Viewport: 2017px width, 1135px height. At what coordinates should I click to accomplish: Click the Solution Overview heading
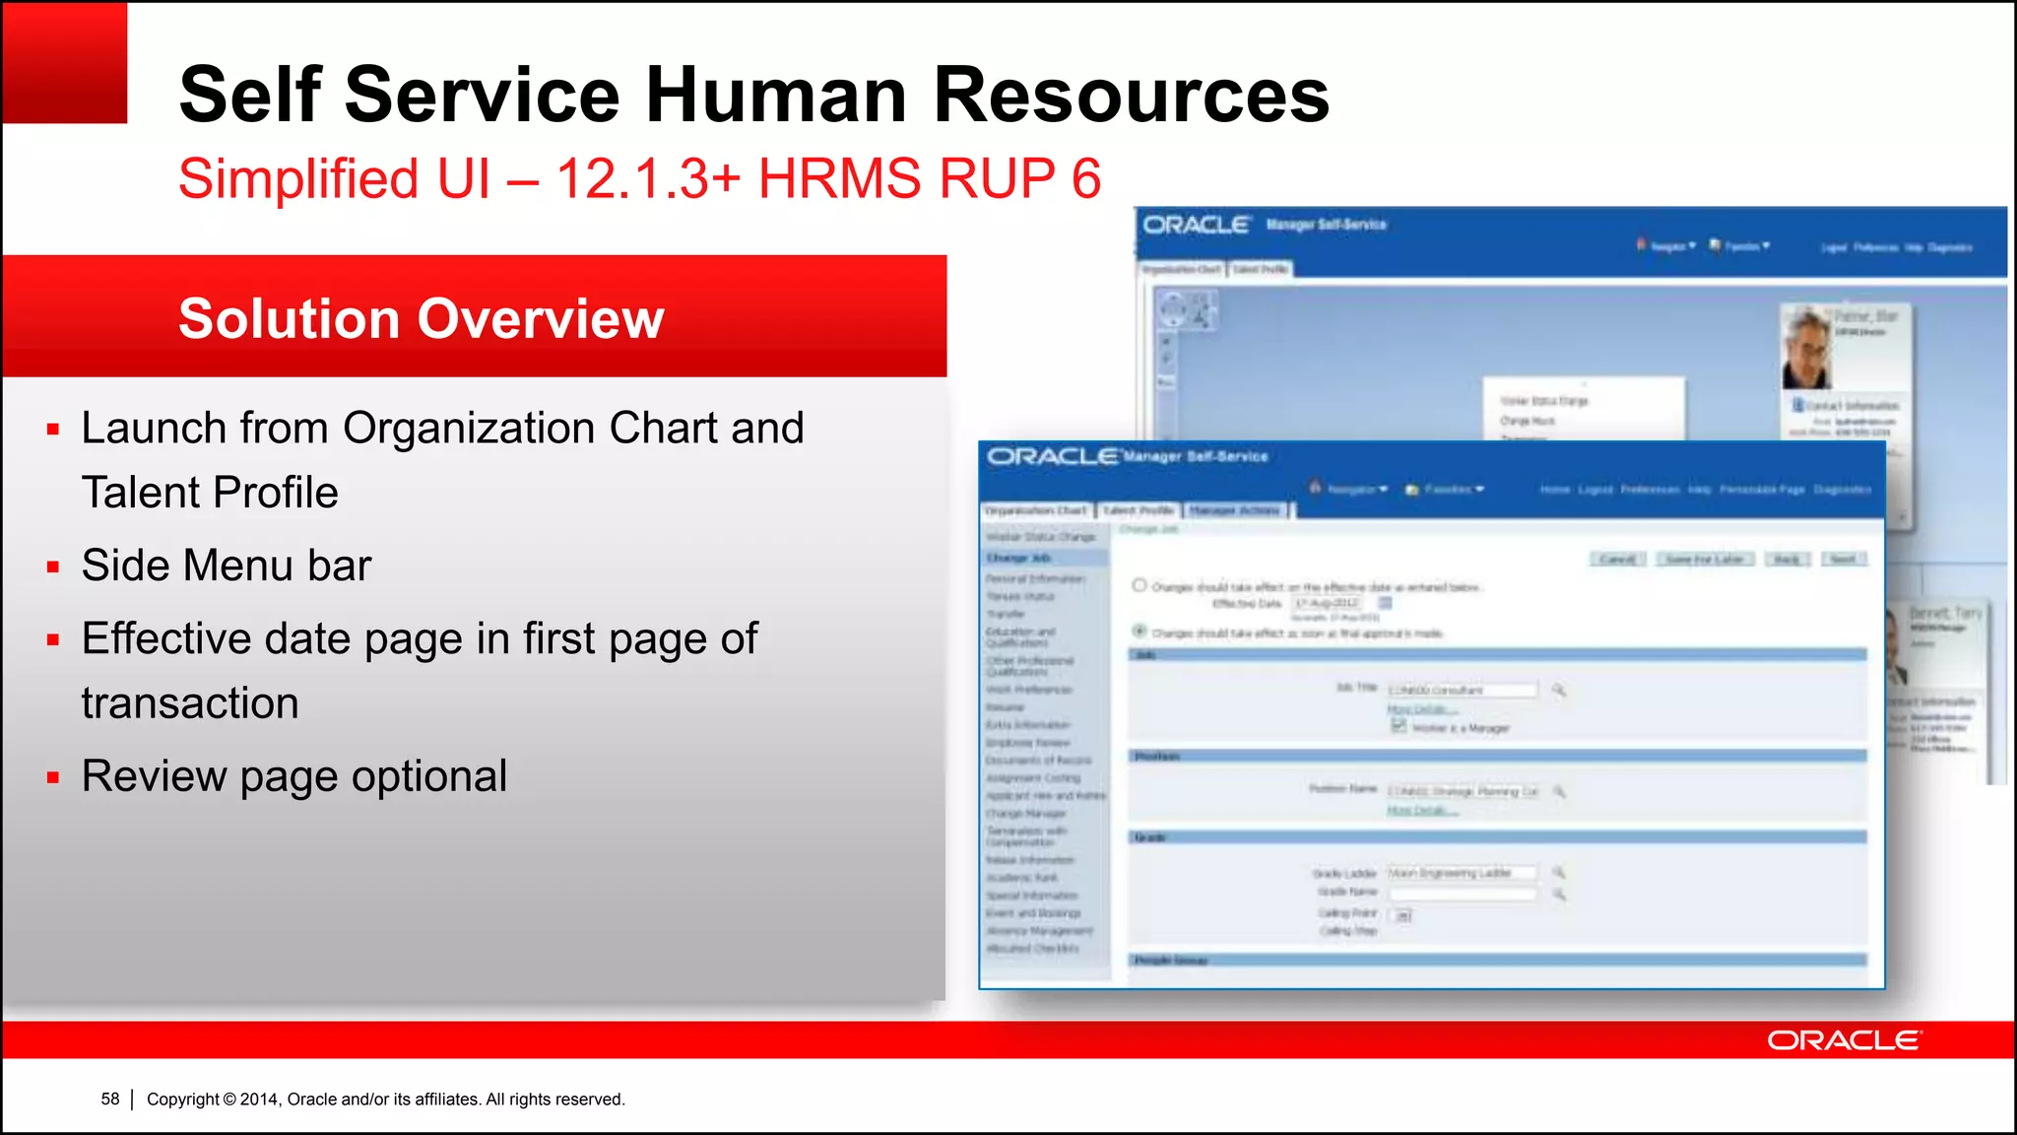[421, 318]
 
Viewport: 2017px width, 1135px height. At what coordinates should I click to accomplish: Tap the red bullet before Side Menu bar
[53, 567]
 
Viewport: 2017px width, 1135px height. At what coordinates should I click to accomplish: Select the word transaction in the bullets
[190, 703]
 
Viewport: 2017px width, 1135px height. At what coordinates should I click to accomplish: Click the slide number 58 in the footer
[109, 1099]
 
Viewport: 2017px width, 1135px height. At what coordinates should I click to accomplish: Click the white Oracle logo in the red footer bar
[1843, 1040]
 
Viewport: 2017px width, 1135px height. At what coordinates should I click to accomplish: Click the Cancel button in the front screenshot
[1616, 560]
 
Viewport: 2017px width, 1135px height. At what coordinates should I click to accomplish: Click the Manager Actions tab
[1235, 510]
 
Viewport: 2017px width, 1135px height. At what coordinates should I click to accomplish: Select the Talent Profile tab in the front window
[1139, 510]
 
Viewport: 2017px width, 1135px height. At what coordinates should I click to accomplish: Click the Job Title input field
[1462, 690]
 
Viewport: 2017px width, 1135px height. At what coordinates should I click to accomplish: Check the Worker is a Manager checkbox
[1398, 726]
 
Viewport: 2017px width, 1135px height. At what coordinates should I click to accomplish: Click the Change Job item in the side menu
[1019, 558]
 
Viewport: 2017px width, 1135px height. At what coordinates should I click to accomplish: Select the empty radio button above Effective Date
[1139, 585]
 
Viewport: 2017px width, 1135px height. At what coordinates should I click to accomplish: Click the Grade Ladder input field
[1462, 873]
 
